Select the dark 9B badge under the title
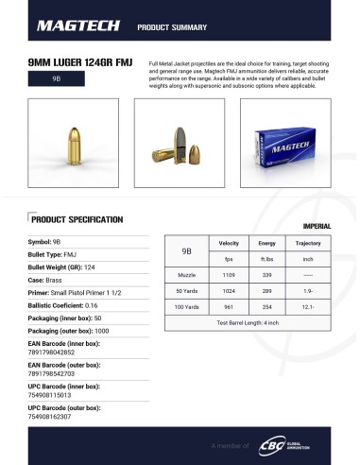pos(56,79)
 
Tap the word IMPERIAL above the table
pos(316,227)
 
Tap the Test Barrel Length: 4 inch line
pos(249,323)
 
